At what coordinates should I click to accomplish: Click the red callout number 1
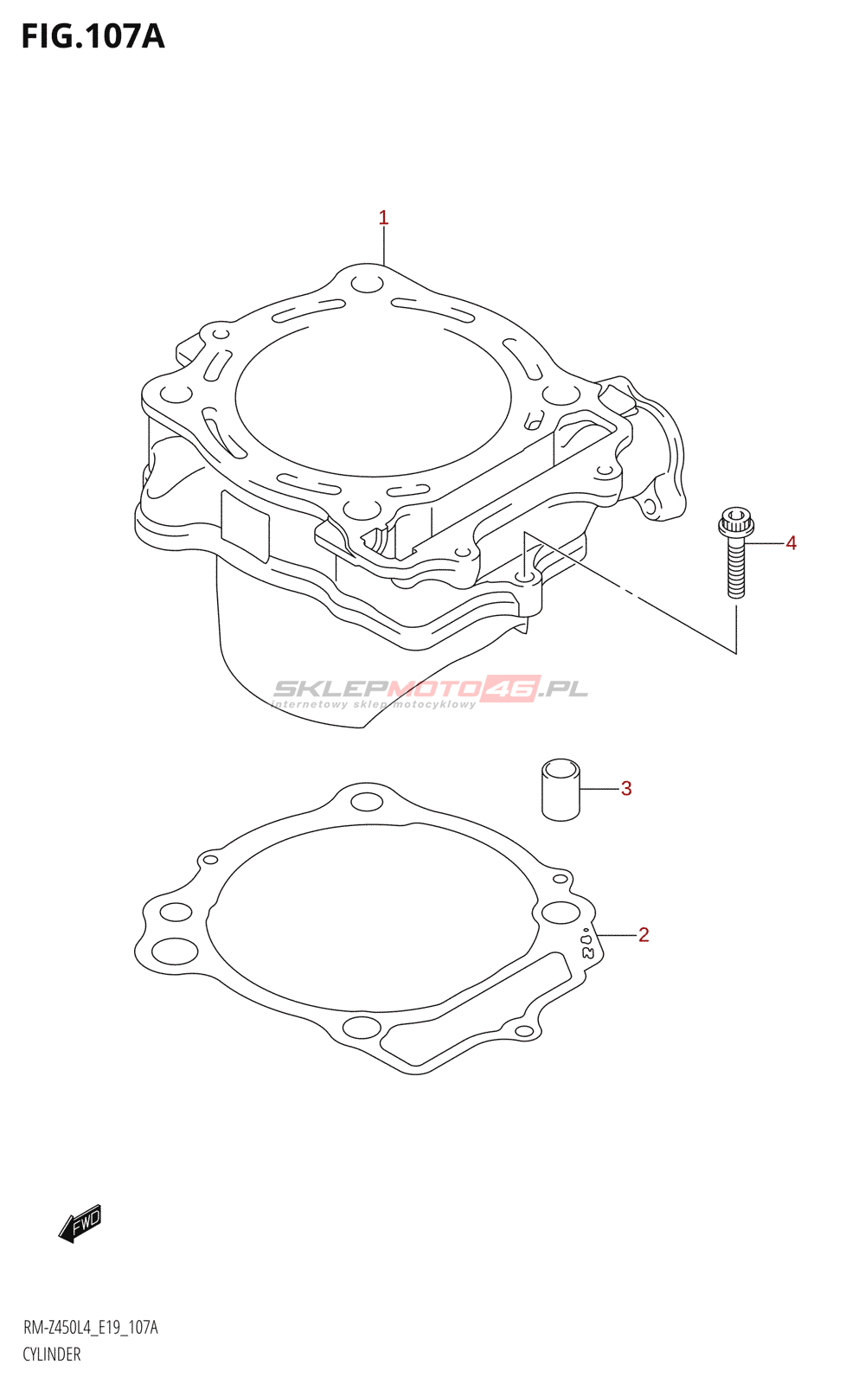coord(383,218)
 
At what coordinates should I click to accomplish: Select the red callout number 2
coord(644,935)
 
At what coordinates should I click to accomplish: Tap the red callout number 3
coord(626,788)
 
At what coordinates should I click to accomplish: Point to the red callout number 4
coord(791,543)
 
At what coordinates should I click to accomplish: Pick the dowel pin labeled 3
coord(561,790)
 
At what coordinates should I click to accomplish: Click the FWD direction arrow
coord(80,1223)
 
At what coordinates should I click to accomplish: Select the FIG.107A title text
coord(93,36)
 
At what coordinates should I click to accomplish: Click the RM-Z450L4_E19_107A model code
coord(90,1327)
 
